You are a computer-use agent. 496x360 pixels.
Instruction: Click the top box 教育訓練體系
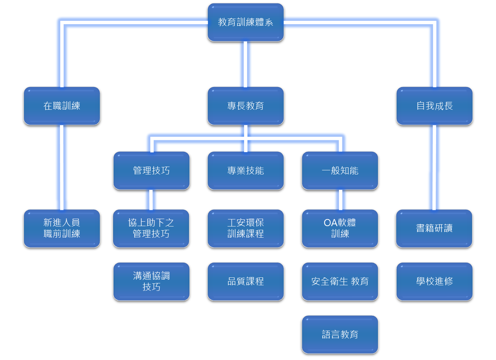pos(246,22)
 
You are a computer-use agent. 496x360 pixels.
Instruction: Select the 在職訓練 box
pos(62,106)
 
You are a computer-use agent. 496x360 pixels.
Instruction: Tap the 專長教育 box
pos(246,106)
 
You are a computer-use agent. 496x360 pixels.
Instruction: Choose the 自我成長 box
pos(435,106)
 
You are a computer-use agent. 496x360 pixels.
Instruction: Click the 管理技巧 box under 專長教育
pos(151,171)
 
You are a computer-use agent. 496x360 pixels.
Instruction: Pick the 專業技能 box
pos(246,171)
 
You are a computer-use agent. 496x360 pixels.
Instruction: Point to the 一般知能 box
pos(340,171)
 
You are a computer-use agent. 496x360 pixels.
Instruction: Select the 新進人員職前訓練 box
pos(62,229)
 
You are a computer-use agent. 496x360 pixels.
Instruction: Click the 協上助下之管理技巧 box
pos(151,229)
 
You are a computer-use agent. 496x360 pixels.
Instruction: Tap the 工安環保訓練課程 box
pos(246,229)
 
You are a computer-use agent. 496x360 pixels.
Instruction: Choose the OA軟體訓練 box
pos(340,229)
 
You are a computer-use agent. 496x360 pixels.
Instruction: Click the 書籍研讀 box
pos(434,229)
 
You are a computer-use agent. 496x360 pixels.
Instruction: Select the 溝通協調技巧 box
pos(151,282)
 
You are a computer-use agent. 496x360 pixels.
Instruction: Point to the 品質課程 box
pos(246,282)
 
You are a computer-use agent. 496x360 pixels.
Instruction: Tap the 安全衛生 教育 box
pos(340,282)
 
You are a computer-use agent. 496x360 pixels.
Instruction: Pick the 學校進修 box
pos(435,282)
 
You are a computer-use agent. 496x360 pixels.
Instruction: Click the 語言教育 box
pos(340,335)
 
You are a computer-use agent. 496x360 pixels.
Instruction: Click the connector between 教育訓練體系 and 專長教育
pos(245,64)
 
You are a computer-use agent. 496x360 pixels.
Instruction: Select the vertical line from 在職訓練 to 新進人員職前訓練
pos(62,167)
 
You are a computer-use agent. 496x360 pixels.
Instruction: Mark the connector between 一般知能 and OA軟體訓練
pos(340,200)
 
